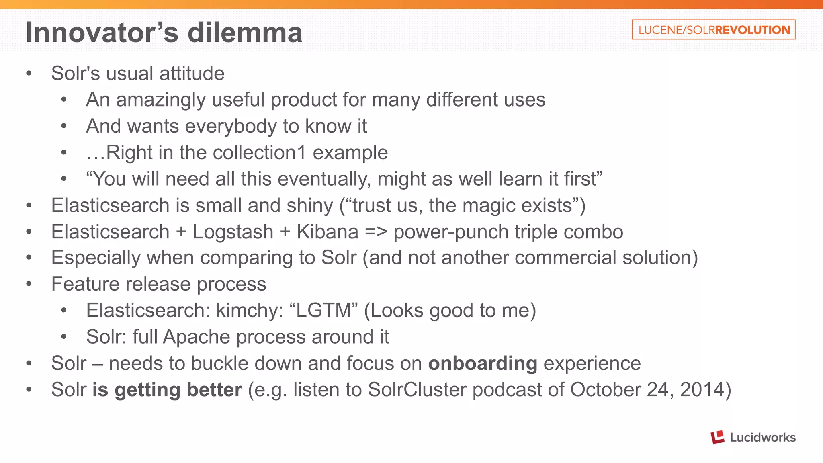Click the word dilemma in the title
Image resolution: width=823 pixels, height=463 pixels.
click(245, 33)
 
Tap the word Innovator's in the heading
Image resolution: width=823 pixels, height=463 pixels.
click(102, 33)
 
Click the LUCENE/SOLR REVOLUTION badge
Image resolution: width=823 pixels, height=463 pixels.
click(713, 30)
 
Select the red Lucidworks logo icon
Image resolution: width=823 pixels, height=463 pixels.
click(717, 437)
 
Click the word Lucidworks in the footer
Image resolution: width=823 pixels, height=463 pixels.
click(762, 437)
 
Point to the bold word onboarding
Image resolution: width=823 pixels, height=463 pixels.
click(483, 363)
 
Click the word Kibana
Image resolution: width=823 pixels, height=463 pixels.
click(328, 232)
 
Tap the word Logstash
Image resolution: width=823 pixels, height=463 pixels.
click(233, 232)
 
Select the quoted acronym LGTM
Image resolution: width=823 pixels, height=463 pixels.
click(323, 311)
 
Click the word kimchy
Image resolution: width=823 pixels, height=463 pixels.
click(250, 311)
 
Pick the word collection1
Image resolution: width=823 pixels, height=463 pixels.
click(259, 153)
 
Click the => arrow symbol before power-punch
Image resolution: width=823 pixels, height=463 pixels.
click(376, 232)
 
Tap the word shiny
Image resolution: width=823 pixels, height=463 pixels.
click(310, 206)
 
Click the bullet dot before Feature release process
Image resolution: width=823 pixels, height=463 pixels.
click(29, 284)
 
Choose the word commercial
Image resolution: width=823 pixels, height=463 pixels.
click(565, 258)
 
